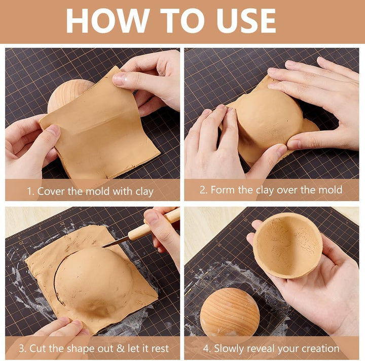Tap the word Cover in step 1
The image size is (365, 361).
[51, 191]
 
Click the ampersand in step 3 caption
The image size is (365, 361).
[121, 348]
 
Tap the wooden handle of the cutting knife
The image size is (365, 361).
[155, 226]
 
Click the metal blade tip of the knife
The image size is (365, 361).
[104, 246]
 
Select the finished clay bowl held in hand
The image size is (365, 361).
[288, 246]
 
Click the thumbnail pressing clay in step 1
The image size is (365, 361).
[119, 79]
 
